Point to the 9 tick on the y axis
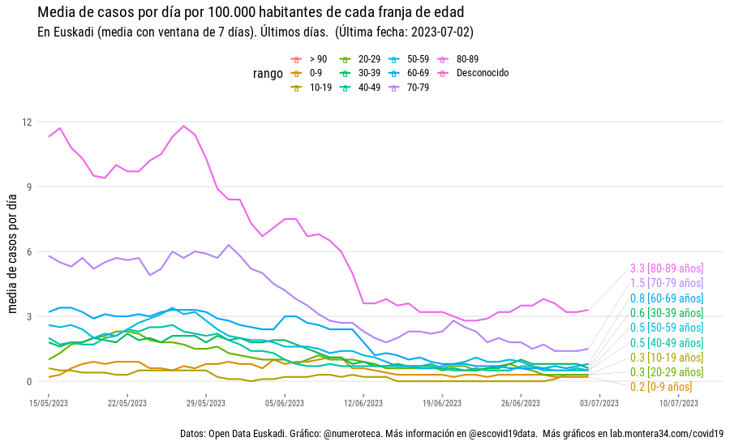(28, 187)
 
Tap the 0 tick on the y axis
(28, 381)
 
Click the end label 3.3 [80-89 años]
(666, 268)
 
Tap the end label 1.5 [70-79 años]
(666, 283)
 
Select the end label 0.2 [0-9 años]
(666, 387)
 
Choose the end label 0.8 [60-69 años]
(666, 298)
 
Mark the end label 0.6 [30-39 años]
(666, 313)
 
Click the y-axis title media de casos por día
(12, 251)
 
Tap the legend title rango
(268, 74)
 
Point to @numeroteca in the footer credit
(349, 434)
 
